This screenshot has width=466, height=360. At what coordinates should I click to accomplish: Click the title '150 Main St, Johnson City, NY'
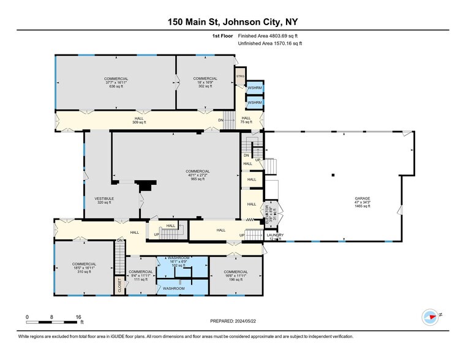click(x=233, y=22)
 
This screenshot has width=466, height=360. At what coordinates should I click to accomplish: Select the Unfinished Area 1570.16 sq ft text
click(x=273, y=43)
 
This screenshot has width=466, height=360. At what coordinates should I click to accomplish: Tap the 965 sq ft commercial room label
click(x=199, y=175)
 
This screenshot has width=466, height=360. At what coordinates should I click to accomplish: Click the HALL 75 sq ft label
click(x=246, y=120)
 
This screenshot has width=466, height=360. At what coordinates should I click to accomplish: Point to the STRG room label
click(x=241, y=77)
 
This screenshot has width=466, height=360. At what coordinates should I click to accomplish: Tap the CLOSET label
click(x=120, y=285)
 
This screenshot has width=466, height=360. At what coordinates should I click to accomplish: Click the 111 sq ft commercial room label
click(x=141, y=276)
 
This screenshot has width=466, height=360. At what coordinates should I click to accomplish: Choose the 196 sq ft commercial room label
click(x=236, y=276)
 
